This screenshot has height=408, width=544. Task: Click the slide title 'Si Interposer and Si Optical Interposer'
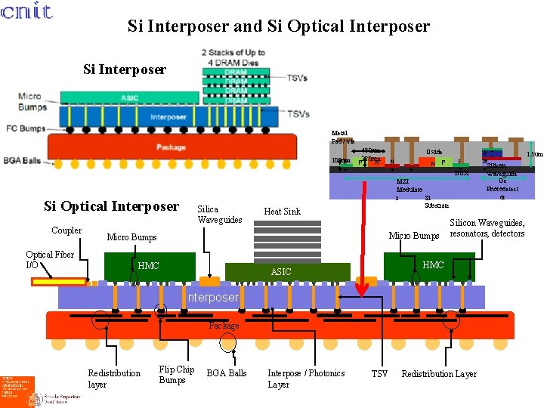pos(278,26)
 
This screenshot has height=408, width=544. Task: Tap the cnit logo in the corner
pos(26,11)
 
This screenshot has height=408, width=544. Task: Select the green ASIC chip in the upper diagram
pos(129,97)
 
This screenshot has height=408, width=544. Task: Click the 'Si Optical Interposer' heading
pos(111,206)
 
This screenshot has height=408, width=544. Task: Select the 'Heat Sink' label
pos(282,212)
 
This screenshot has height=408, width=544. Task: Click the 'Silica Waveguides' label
pos(220,215)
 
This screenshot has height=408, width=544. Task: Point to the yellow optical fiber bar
pos(60,282)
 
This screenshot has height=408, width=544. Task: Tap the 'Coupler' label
pos(66,230)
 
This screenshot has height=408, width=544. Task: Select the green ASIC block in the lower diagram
pos(281,271)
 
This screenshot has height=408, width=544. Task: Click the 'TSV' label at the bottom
pos(380,373)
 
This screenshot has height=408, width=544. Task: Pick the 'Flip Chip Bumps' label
pos(177,375)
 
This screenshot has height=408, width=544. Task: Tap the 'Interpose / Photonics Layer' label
pos(306,379)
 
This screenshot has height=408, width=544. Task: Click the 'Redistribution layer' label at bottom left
pos(114,379)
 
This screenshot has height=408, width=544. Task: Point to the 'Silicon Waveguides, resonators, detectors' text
pos(487,227)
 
